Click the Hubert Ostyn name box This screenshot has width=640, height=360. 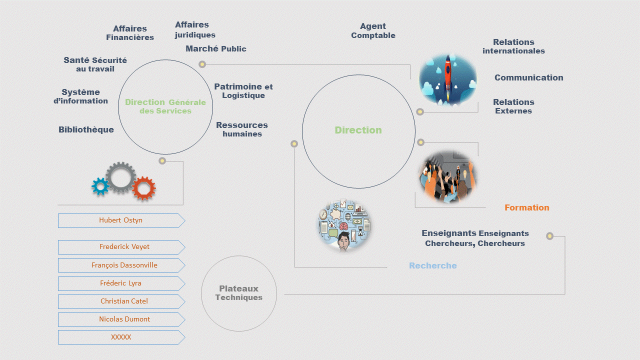point(121,220)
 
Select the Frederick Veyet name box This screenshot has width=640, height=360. point(121,247)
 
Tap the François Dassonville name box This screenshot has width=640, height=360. point(121,265)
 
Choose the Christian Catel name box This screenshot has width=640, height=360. point(121,301)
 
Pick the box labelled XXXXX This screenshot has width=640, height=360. point(121,337)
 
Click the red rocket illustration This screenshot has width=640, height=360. point(447,78)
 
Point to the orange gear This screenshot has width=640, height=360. point(144,188)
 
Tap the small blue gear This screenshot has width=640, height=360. point(100,186)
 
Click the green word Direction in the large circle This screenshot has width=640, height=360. point(358,130)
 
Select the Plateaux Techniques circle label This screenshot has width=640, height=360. point(239,293)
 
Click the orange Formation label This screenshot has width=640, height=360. point(526,207)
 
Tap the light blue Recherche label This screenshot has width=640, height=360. point(432,265)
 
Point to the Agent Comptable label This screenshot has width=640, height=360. point(373,30)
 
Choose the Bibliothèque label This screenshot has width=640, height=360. point(86,129)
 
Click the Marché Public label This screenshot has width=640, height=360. point(215,48)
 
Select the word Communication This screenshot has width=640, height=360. point(528,77)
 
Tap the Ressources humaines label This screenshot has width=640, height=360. point(242,129)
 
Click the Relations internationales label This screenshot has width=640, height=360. point(513,46)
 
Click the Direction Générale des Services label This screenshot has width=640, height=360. point(165,106)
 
